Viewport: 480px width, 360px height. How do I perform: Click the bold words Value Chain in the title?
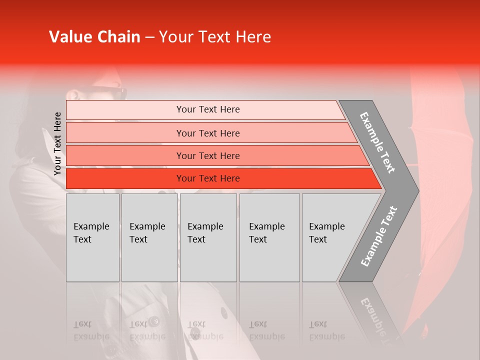tap(94, 37)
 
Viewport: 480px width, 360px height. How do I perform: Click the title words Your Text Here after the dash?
tap(215, 37)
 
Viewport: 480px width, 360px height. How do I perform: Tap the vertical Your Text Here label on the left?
tap(57, 143)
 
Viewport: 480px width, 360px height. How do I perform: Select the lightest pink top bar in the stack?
tap(205, 109)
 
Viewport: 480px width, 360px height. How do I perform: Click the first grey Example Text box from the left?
tap(92, 237)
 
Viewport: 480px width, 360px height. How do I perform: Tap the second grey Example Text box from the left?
tap(149, 237)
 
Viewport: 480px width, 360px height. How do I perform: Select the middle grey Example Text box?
tap(208, 237)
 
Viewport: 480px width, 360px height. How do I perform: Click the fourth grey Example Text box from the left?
tap(269, 237)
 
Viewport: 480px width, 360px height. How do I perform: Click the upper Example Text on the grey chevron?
tap(377, 142)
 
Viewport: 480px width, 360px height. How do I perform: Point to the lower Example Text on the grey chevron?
tap(378, 236)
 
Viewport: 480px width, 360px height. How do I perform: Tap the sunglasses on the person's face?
tap(107, 92)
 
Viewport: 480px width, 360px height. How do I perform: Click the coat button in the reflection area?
tap(154, 320)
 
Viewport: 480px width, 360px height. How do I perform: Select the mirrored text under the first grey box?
tap(91, 330)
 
